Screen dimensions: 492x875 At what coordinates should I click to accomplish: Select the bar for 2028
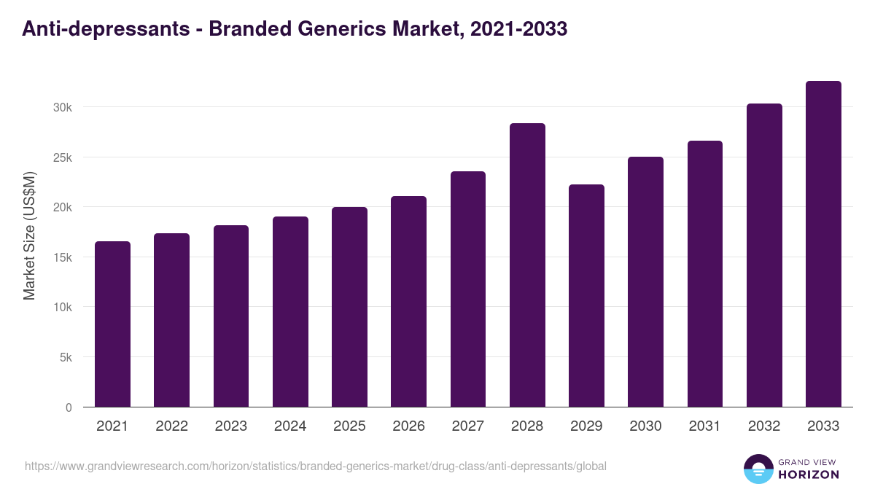(527, 265)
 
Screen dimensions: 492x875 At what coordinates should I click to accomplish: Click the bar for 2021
(112, 324)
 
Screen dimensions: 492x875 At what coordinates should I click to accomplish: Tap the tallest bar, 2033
(823, 244)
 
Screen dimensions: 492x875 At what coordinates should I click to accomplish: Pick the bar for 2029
(586, 296)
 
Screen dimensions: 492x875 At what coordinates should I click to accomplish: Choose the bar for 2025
(349, 307)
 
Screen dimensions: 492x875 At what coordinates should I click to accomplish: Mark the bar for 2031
(704, 274)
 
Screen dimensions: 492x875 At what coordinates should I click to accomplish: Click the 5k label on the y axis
(66, 357)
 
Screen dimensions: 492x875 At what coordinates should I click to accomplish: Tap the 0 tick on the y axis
(69, 407)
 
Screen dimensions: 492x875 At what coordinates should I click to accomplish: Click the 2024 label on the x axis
(290, 426)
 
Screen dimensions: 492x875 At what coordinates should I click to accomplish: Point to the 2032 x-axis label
(764, 426)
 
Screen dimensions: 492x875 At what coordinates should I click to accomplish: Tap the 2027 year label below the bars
(467, 426)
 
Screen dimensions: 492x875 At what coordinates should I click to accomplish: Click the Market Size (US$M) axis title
(29, 235)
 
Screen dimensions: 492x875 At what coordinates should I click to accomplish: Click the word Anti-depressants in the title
(104, 29)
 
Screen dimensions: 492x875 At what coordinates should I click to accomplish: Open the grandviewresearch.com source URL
(315, 466)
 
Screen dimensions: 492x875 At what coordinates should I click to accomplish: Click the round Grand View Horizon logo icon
(758, 469)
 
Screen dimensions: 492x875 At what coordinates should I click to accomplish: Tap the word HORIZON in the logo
(808, 475)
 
